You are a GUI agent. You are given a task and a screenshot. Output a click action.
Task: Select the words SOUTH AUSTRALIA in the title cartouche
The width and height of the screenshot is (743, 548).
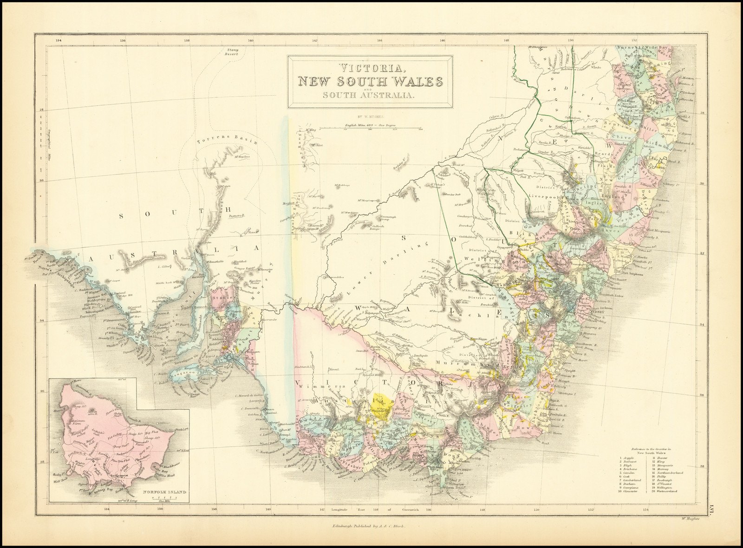point(367,95)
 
